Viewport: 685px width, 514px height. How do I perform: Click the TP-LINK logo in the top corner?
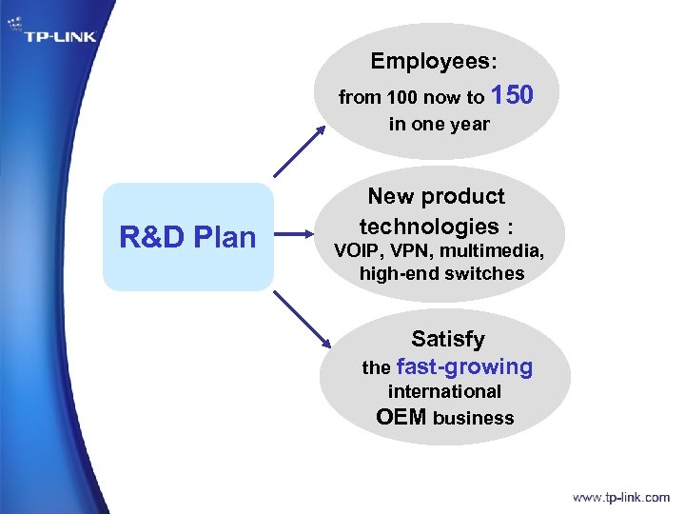point(59,37)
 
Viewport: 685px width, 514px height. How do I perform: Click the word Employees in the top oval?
point(430,62)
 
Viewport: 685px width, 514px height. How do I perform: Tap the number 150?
point(513,94)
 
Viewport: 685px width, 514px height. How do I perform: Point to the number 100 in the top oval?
point(397,97)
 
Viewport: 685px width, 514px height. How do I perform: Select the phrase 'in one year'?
point(439,124)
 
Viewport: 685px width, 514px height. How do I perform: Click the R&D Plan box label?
point(187,237)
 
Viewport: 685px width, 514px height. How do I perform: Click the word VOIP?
point(355,252)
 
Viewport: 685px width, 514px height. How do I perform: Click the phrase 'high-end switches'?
point(441,274)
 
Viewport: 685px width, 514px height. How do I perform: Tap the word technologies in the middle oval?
point(428,227)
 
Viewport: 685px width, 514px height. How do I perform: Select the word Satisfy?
point(447,339)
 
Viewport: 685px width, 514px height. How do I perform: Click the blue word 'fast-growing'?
point(464,366)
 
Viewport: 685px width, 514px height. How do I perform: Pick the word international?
point(444,391)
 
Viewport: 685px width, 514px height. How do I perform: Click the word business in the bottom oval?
point(473,418)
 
